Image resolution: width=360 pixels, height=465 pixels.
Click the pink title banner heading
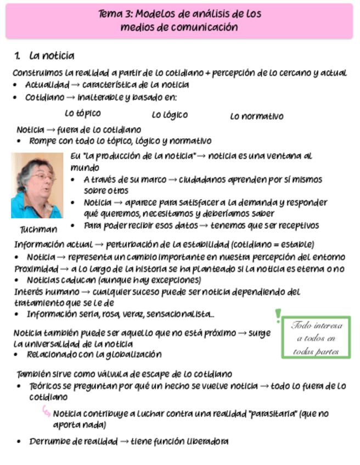tap(179, 20)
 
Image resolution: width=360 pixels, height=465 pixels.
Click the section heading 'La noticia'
tap(52, 56)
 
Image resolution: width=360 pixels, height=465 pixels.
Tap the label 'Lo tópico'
tap(82, 114)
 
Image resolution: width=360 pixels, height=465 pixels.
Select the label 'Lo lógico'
tap(170, 115)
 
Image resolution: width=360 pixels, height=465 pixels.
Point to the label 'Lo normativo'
tap(256, 116)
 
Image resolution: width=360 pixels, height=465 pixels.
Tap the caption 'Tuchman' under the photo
tap(38, 229)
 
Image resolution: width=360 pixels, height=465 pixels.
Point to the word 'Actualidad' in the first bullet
tap(47, 85)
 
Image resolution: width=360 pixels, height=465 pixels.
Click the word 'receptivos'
tap(297, 225)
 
